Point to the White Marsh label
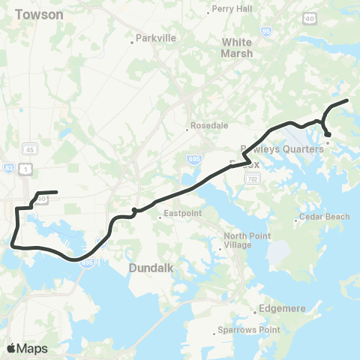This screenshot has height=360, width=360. pyautogui.click(x=237, y=48)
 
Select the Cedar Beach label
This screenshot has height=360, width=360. pyautogui.click(x=324, y=217)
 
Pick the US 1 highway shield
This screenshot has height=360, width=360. pyautogui.click(x=27, y=170)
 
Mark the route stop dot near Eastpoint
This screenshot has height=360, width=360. pyautogui.click(x=133, y=210)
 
